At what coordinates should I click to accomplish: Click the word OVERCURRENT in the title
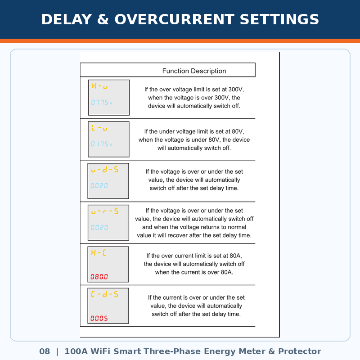[x=175, y=19]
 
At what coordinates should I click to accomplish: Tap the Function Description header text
[x=194, y=71]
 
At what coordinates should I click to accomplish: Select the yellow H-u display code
[x=99, y=86]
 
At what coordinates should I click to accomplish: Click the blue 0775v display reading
[x=102, y=102]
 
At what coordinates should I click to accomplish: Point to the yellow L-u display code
[x=99, y=128]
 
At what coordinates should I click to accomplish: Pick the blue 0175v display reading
[x=102, y=144]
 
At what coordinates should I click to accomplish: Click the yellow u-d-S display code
[x=105, y=170]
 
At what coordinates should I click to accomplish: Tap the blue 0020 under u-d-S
[x=99, y=185]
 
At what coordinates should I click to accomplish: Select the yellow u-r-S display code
[x=105, y=211]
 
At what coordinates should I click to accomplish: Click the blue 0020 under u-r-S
[x=99, y=227]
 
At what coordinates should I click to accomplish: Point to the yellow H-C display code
[x=99, y=253]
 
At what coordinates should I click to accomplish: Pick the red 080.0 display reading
[x=99, y=277]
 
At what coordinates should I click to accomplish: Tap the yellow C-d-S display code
[x=105, y=294]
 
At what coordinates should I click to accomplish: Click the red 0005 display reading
[x=99, y=318]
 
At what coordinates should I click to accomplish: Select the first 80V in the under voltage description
[x=238, y=131]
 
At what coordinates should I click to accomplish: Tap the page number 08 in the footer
[x=45, y=351]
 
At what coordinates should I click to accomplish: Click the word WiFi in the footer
[x=100, y=351]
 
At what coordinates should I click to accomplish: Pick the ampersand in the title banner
[x=103, y=19]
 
